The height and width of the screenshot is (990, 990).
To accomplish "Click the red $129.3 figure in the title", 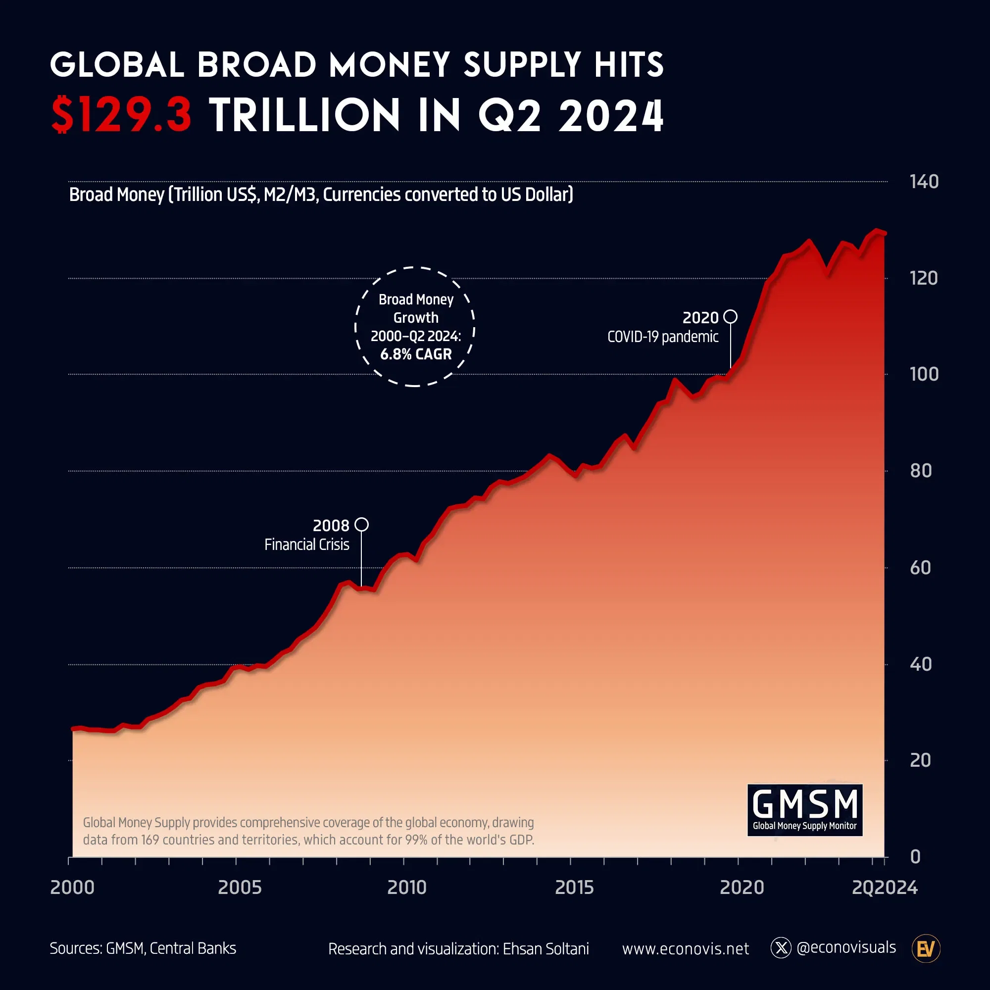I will click(121, 115).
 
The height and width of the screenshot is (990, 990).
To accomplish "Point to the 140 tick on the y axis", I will click(923, 182).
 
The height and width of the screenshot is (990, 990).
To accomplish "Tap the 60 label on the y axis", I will click(920, 568).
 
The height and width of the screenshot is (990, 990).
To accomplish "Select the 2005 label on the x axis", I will click(239, 888).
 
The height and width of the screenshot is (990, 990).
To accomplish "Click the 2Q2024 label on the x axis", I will click(885, 888).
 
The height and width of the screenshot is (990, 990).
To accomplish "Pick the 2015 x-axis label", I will click(574, 888).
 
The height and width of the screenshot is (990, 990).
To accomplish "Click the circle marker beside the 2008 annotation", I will click(361, 524).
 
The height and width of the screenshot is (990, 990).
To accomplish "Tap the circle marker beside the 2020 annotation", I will click(730, 317).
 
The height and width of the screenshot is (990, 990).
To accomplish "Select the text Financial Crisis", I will click(306, 544).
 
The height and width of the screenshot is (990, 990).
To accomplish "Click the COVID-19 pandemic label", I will click(663, 337).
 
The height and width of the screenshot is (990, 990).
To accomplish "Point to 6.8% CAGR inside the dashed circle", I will click(416, 354).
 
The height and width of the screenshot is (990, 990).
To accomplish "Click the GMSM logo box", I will click(804, 810).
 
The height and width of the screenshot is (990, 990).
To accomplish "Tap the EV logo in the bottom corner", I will click(926, 948).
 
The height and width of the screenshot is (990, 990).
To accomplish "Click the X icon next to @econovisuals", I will click(781, 948).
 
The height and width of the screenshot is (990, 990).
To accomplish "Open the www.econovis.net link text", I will click(685, 949).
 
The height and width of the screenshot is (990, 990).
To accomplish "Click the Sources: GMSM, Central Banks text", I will click(143, 948).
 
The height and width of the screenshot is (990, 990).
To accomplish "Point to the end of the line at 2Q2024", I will click(885, 234).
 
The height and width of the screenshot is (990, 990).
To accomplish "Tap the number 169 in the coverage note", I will click(150, 840).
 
